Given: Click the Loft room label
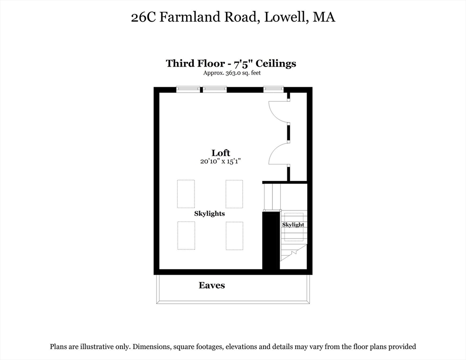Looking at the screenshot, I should (x=221, y=153).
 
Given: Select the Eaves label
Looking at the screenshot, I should (x=211, y=285).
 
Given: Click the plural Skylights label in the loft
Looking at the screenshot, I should (x=210, y=213).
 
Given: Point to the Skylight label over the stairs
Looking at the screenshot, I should (x=293, y=225).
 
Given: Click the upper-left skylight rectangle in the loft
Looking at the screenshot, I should (x=186, y=194).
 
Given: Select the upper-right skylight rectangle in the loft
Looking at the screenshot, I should (x=234, y=194).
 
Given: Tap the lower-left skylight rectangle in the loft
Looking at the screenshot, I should (x=186, y=235).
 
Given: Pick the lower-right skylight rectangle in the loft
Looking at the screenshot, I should (x=234, y=235).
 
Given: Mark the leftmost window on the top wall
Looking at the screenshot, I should (x=188, y=89).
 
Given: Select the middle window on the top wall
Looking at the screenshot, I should (x=215, y=89).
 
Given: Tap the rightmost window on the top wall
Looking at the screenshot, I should (x=273, y=89).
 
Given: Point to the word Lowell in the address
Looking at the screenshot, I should (x=285, y=18).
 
